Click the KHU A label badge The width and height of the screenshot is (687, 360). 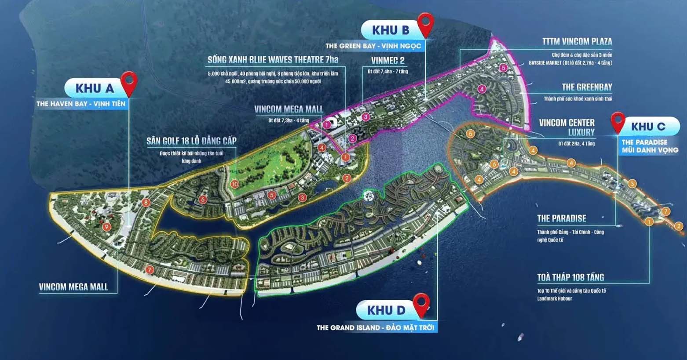(95, 88)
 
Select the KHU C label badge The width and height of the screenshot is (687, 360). (648, 127)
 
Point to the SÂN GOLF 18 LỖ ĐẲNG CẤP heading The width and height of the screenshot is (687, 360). (191, 141)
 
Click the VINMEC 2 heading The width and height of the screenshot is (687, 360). (387, 61)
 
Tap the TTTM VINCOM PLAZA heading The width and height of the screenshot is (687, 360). (577, 42)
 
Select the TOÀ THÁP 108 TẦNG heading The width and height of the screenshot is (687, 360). (570, 277)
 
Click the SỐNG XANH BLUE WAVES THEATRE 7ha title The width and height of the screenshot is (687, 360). (273, 60)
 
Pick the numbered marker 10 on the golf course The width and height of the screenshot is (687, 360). (235, 184)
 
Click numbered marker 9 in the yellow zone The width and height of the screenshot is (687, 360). (106, 227)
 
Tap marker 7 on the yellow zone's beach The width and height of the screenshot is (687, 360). (150, 269)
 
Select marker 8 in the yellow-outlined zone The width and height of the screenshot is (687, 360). (146, 203)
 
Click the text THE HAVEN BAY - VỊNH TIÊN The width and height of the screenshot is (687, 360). (81, 104)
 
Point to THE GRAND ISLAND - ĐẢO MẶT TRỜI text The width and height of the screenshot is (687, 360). (375, 327)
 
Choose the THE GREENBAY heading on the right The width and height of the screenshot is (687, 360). (587, 87)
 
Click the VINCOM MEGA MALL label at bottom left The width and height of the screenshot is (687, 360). (73, 287)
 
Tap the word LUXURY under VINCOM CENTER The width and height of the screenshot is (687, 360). (581, 132)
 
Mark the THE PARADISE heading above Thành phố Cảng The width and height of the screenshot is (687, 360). (561, 218)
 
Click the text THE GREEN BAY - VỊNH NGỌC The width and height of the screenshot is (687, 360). (373, 46)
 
